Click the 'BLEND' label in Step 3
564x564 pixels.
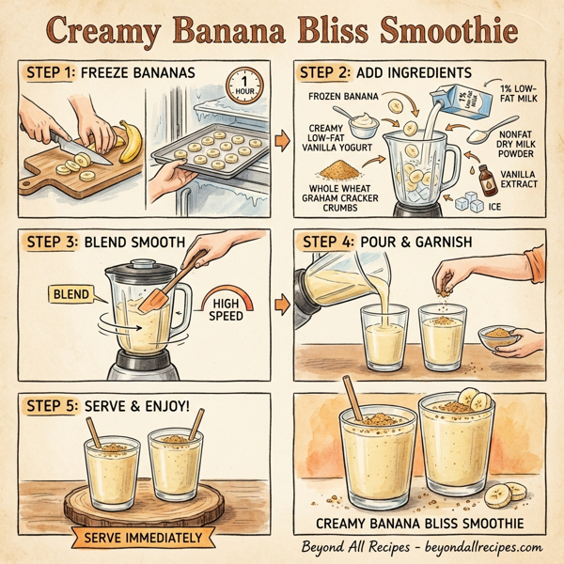click(72, 295)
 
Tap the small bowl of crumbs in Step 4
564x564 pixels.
click(499, 336)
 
